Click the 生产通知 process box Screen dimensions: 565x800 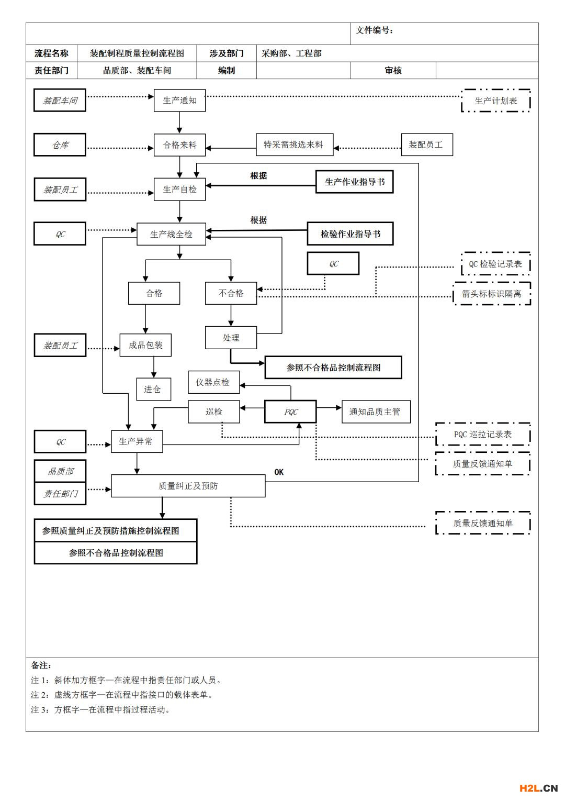tap(179, 101)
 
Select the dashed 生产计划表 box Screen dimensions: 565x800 tap(496, 101)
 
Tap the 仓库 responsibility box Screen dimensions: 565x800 tap(60, 145)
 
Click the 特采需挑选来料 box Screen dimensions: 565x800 tap(295, 145)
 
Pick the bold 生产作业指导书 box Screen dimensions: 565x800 tap(354, 182)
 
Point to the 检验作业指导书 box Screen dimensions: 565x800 tap(350, 234)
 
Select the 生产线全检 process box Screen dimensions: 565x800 tap(171, 234)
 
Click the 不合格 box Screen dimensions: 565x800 tap(231, 293)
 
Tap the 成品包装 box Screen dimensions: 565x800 tap(145, 345)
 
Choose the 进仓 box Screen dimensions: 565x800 tap(154, 390)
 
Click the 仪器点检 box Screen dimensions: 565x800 tap(214, 382)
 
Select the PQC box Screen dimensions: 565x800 tap(290, 412)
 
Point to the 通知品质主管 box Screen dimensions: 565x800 tap(376, 412)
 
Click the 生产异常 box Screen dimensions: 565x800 tap(137, 441)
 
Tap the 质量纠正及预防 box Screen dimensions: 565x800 tap(188, 486)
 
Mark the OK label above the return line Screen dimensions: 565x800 tap(279, 472)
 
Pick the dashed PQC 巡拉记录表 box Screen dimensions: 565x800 tap(483, 434)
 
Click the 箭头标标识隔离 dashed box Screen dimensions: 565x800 tap(492, 294)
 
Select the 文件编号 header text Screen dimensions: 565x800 tap(374, 30)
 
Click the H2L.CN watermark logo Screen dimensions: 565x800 tap(539, 788)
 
